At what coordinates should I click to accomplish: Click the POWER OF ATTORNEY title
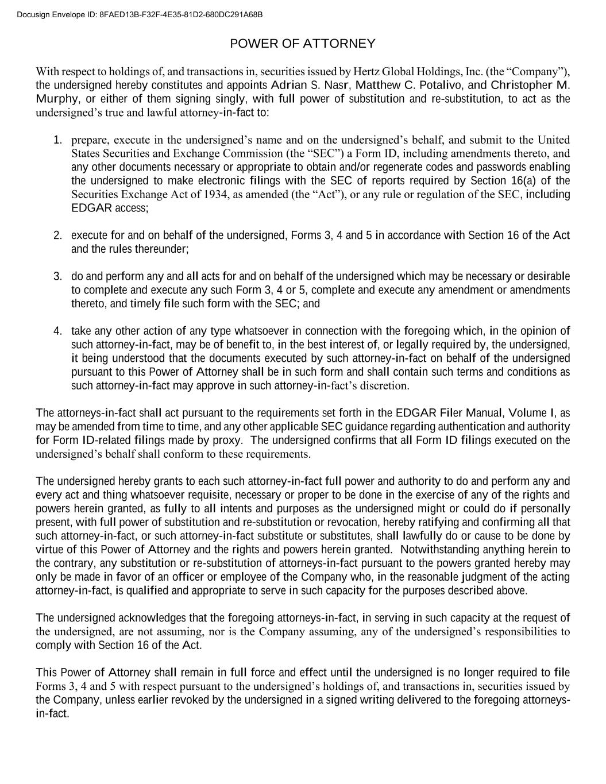[x=302, y=44]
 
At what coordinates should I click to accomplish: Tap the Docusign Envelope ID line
[x=140, y=14]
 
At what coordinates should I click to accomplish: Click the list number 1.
[x=57, y=140]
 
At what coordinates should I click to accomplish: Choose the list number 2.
[x=57, y=235]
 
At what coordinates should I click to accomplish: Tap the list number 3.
[x=57, y=277]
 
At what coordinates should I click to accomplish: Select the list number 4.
[x=57, y=331]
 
